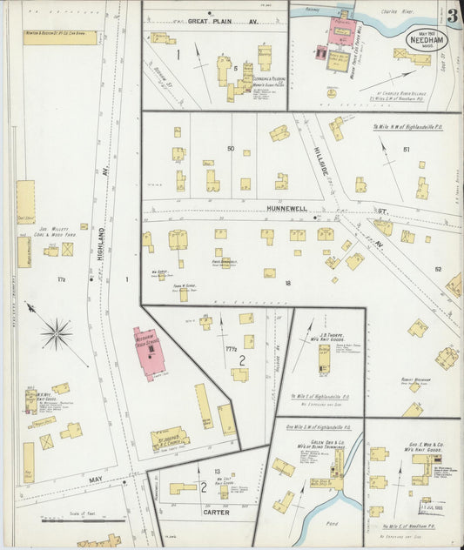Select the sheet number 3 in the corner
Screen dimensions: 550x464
(454, 16)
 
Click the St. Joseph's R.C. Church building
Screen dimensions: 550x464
(170, 439)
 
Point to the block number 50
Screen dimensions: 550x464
(231, 150)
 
